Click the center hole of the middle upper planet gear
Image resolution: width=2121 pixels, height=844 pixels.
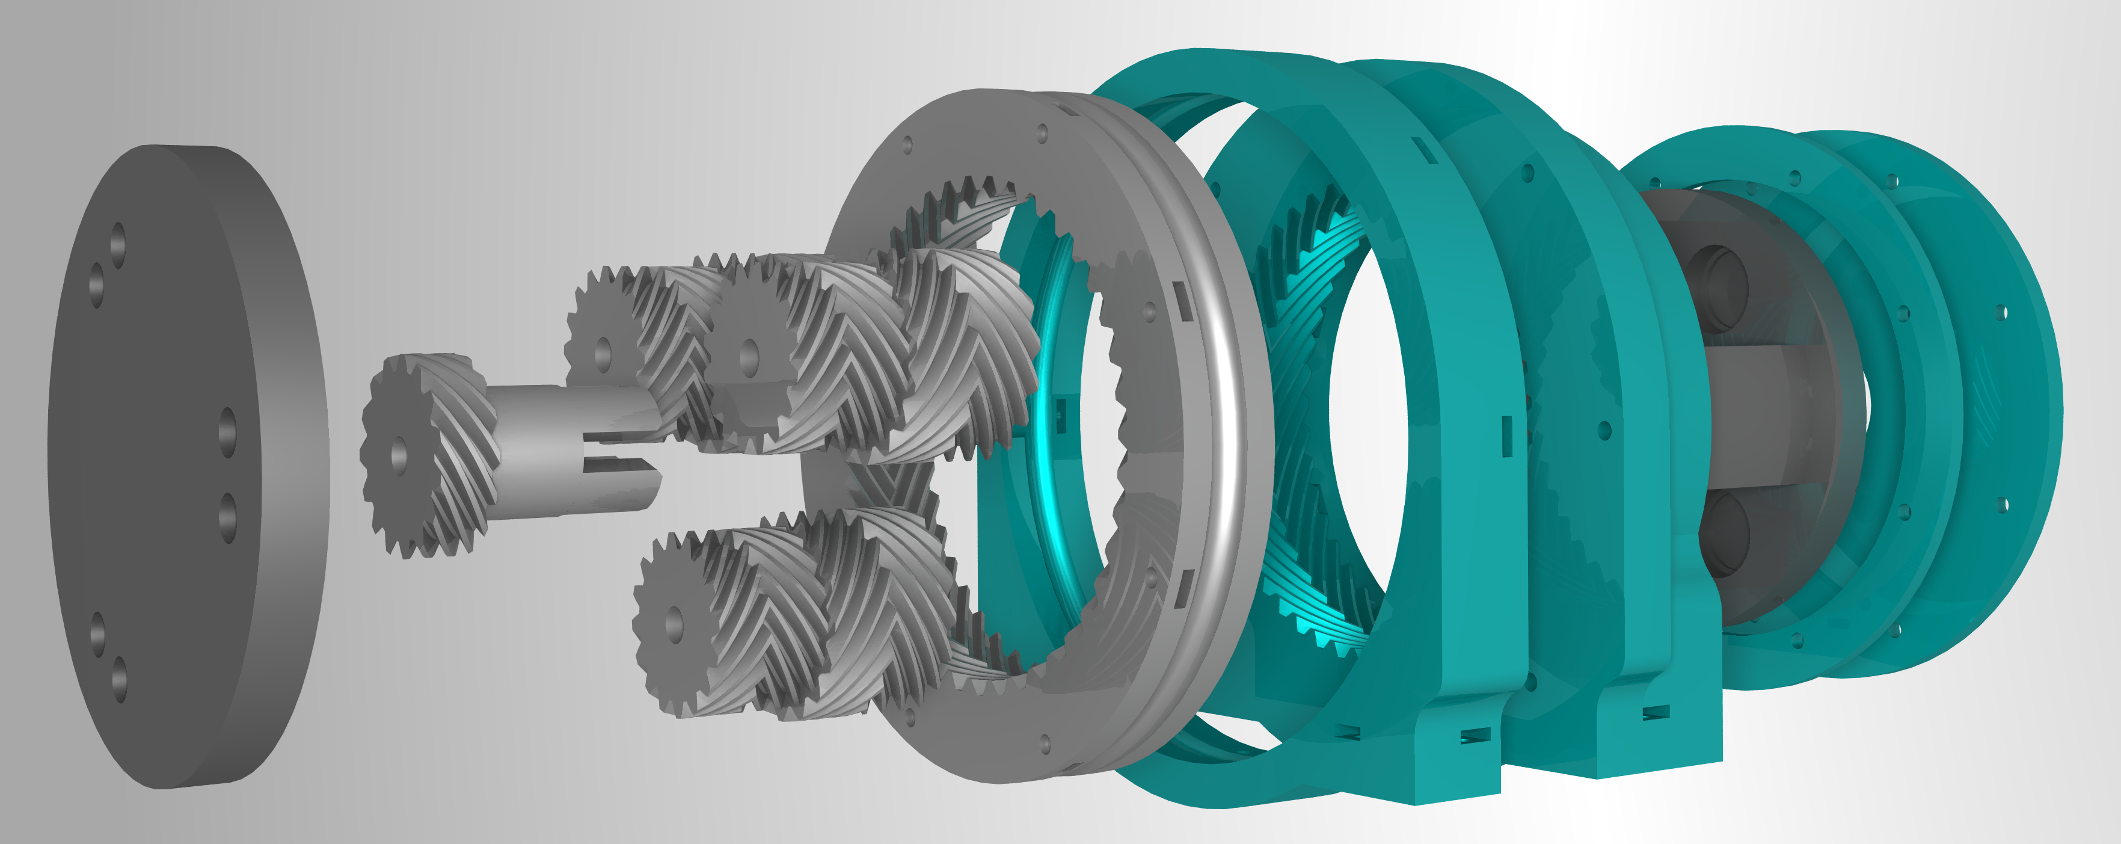pyautogui.click(x=749, y=356)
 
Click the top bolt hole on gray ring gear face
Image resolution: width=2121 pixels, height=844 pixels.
pyautogui.click(x=1042, y=132)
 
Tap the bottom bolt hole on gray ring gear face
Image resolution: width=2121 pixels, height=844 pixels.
pyautogui.click(x=1046, y=744)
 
